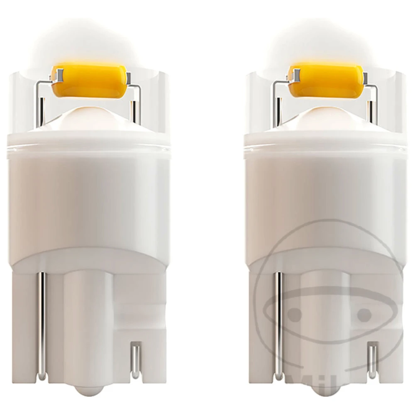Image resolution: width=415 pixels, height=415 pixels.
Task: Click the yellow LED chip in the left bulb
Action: click(x=89, y=80)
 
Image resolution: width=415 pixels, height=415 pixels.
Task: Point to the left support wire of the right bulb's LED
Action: click(x=274, y=104)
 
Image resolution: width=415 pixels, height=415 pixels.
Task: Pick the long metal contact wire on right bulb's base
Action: click(x=278, y=324)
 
